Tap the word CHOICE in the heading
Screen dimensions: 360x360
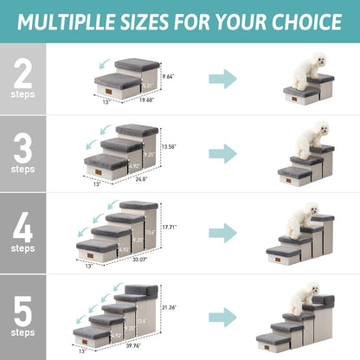click(304, 22)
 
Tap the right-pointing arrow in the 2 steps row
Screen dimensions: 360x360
click(222, 80)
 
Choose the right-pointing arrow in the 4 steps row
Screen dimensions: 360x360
click(222, 232)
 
